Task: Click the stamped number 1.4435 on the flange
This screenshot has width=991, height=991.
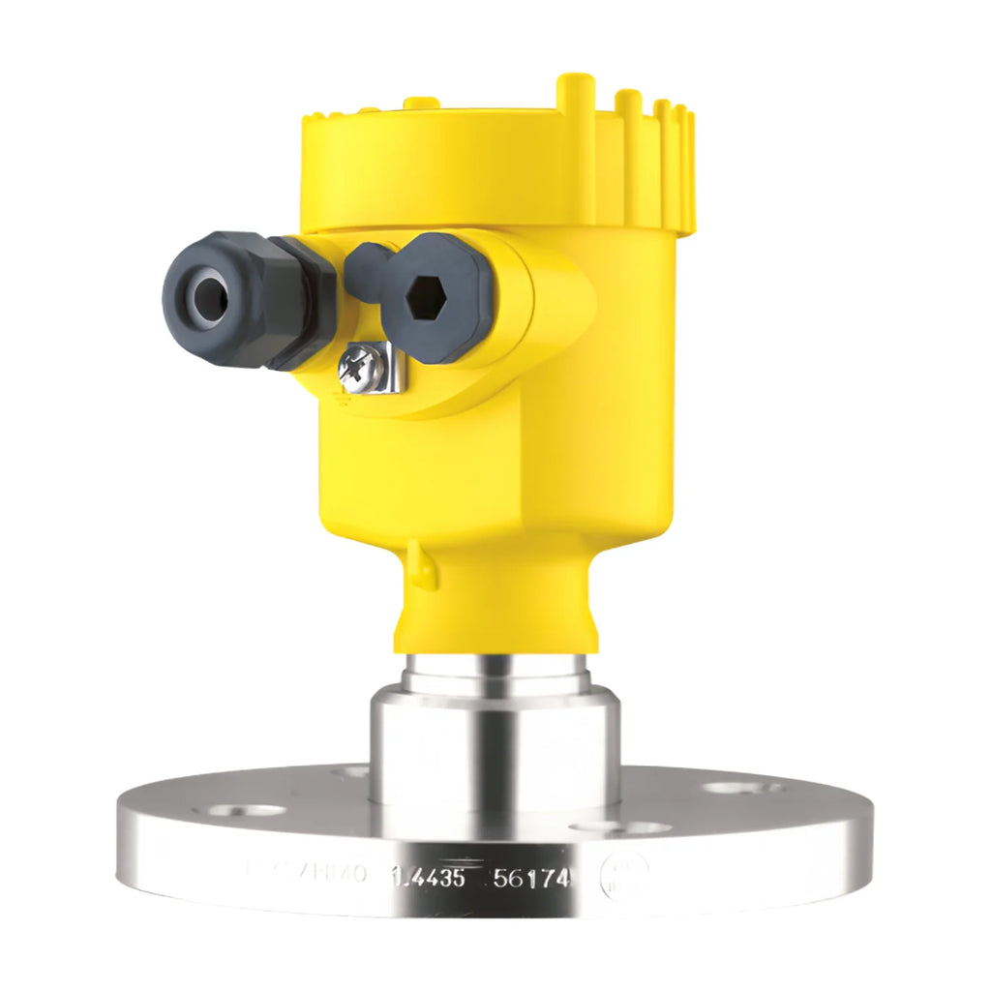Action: pyautogui.click(x=428, y=878)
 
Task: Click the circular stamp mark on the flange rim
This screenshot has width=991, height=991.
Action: pyautogui.click(x=620, y=879)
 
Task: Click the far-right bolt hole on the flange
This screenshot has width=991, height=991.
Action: pyautogui.click(x=742, y=788)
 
